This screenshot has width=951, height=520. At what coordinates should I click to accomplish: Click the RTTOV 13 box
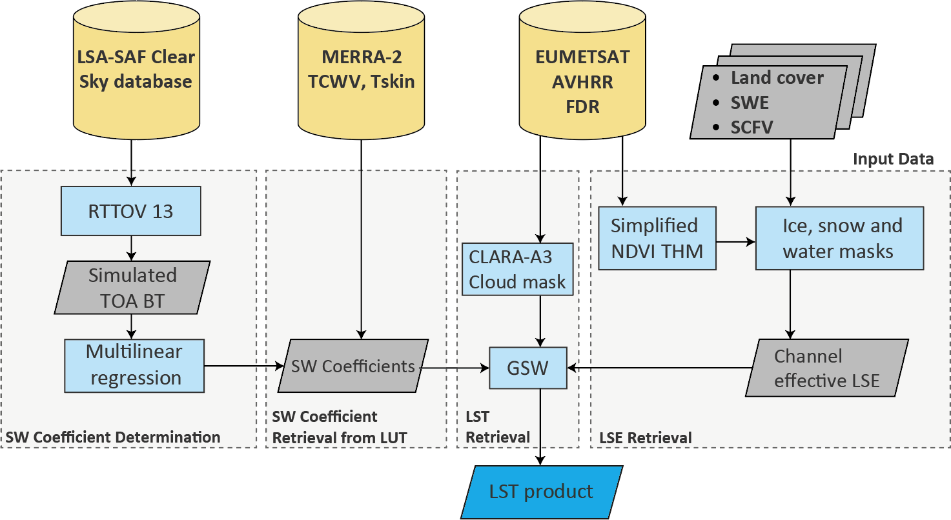click(x=131, y=212)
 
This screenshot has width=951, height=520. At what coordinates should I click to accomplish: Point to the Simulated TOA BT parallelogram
click(x=132, y=287)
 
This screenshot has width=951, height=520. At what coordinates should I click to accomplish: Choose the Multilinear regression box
click(x=134, y=365)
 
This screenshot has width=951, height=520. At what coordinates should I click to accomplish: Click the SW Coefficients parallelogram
click(x=353, y=366)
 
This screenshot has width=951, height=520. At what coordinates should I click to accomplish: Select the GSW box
click(x=528, y=368)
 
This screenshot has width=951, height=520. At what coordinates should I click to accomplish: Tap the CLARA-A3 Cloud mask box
click(x=516, y=269)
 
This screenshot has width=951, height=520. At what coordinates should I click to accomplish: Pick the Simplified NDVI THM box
click(x=657, y=238)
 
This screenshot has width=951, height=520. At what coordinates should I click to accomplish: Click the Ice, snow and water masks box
click(x=839, y=238)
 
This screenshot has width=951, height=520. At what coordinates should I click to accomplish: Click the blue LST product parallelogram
click(x=541, y=492)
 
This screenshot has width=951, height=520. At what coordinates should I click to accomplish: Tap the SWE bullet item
click(x=750, y=103)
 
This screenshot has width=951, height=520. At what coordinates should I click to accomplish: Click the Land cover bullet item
click(x=777, y=78)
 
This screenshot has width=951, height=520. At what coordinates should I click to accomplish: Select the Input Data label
click(x=894, y=159)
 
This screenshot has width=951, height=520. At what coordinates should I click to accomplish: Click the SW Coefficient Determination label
click(x=113, y=437)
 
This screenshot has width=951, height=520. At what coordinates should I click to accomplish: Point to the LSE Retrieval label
click(x=646, y=438)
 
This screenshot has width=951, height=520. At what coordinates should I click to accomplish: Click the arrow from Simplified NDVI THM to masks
click(x=735, y=243)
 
